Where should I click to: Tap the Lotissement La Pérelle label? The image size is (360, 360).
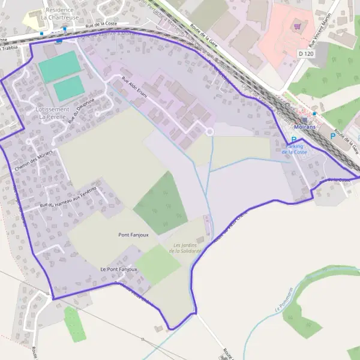pos(52,113)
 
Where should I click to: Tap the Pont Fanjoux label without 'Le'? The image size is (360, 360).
pos(133,235)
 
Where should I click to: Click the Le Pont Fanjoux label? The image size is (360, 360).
pos(119,269)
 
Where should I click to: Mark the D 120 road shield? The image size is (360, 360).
pos(306,54)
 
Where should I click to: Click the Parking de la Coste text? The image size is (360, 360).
pos(294,149)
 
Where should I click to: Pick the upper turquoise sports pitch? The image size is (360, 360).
pos(59,66)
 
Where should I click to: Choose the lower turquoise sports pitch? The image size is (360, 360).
pos(69,89)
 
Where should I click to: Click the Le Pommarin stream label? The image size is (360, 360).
pos(287,301)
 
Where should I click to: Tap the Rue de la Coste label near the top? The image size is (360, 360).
pos(101,23)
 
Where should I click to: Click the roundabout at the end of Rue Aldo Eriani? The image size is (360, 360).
pos(209,131)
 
